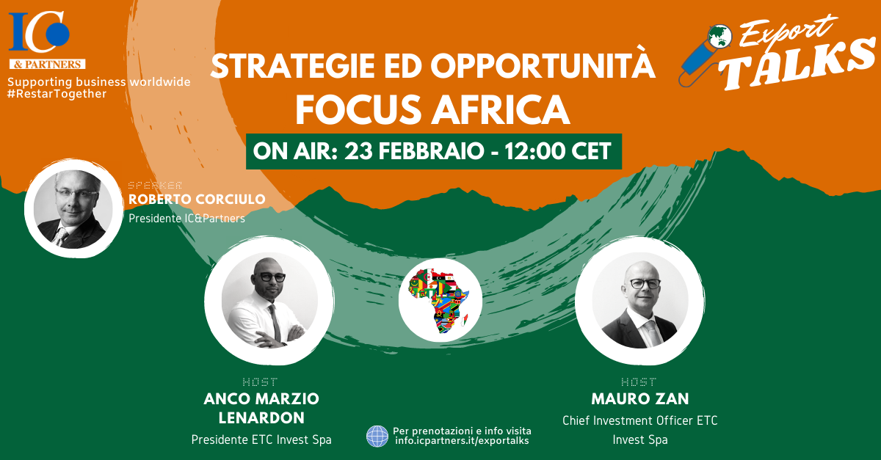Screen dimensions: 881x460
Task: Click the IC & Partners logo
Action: point(47,40)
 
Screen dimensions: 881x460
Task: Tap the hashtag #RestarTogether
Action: point(57,94)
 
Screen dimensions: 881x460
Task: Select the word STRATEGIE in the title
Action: point(293,66)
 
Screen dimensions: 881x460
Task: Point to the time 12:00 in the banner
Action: point(534,151)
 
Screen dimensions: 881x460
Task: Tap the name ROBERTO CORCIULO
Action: point(197,200)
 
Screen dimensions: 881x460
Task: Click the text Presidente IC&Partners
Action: point(186,218)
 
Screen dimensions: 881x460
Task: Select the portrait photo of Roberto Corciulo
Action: point(73,208)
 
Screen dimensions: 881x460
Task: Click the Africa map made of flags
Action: point(438,301)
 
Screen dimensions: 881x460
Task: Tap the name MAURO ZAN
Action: point(640,399)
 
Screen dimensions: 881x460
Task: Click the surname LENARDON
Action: point(261,418)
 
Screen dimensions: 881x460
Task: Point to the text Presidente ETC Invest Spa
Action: point(261,439)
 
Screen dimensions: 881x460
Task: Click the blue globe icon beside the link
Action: point(377,437)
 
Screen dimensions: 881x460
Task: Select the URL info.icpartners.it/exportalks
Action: point(462,441)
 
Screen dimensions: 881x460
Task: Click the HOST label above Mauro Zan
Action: point(639,381)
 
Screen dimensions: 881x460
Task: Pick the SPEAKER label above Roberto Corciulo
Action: point(155,185)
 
